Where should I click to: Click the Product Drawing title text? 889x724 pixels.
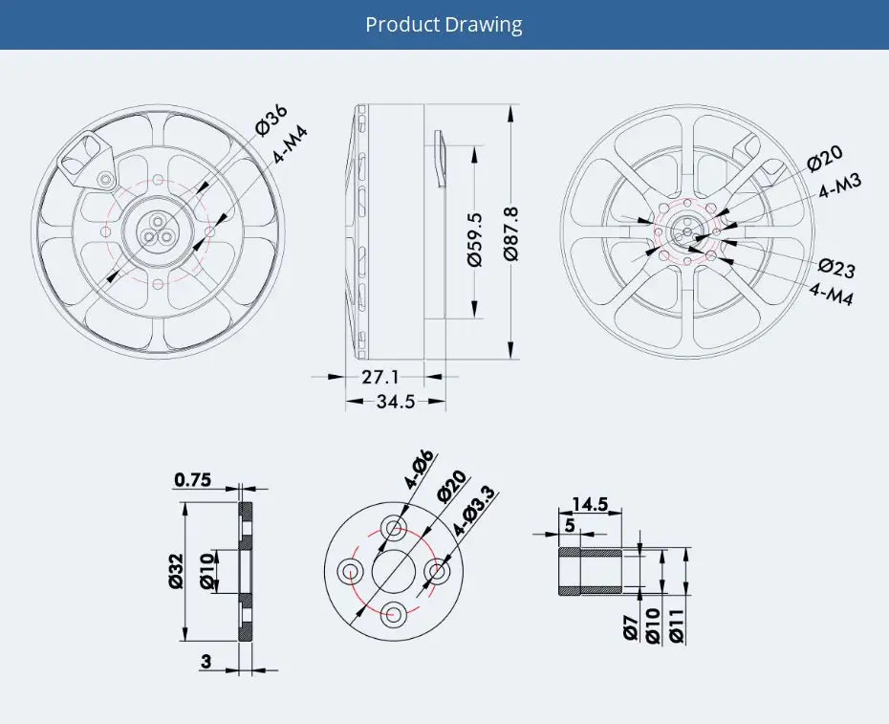pos(444,24)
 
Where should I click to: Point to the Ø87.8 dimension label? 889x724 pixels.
pos(510,233)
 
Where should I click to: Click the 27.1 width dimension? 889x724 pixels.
pos(380,377)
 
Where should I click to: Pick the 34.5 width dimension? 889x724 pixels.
pos(395,402)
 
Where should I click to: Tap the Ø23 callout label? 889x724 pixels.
pos(836,267)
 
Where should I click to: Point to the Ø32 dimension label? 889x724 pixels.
pos(175,570)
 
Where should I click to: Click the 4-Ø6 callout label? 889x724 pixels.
pos(418,470)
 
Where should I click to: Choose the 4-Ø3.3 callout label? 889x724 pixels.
pos(473,510)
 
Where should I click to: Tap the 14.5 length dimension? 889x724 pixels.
pos(590,504)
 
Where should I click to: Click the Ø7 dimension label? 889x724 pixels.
pos(629,626)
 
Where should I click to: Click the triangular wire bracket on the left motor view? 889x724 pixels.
pos(87,156)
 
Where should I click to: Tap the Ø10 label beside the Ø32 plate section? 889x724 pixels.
pos(206,570)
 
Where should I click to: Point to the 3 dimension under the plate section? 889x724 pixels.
pos(206,660)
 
